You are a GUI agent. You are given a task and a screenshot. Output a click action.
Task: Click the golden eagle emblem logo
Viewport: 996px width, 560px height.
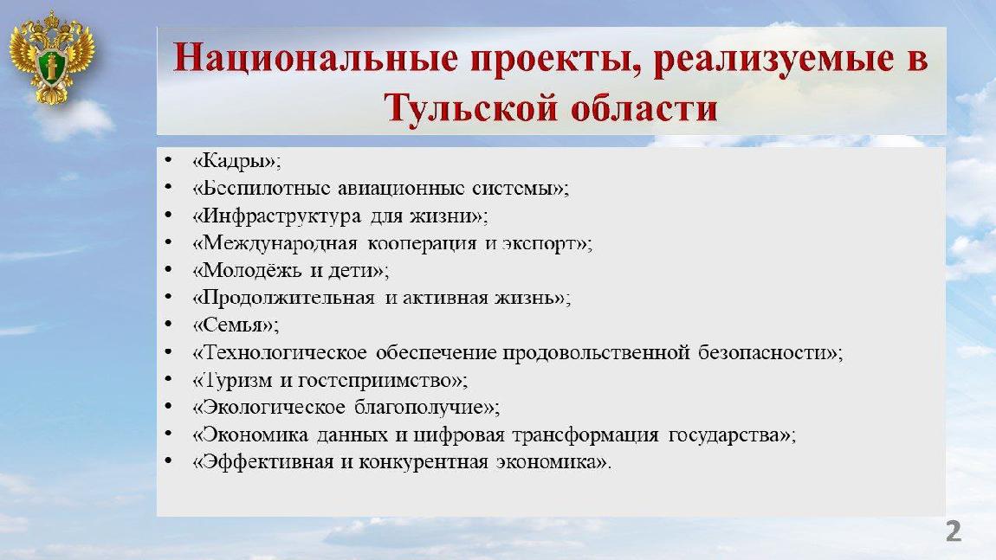tap(51, 58)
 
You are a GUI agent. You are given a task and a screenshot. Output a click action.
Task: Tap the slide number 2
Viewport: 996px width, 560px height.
tap(953, 531)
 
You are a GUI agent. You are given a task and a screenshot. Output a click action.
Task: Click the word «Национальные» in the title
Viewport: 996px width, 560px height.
tap(316, 58)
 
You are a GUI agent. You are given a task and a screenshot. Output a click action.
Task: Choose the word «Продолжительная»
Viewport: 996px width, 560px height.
tap(283, 299)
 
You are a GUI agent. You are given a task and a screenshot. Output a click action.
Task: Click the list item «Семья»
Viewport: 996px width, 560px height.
tap(236, 325)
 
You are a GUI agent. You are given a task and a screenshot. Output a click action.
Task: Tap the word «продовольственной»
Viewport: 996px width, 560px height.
tap(596, 353)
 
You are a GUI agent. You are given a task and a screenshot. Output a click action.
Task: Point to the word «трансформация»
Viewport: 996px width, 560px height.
tap(585, 435)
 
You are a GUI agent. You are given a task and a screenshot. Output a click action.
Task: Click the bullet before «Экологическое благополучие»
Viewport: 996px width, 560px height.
tap(168, 406)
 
